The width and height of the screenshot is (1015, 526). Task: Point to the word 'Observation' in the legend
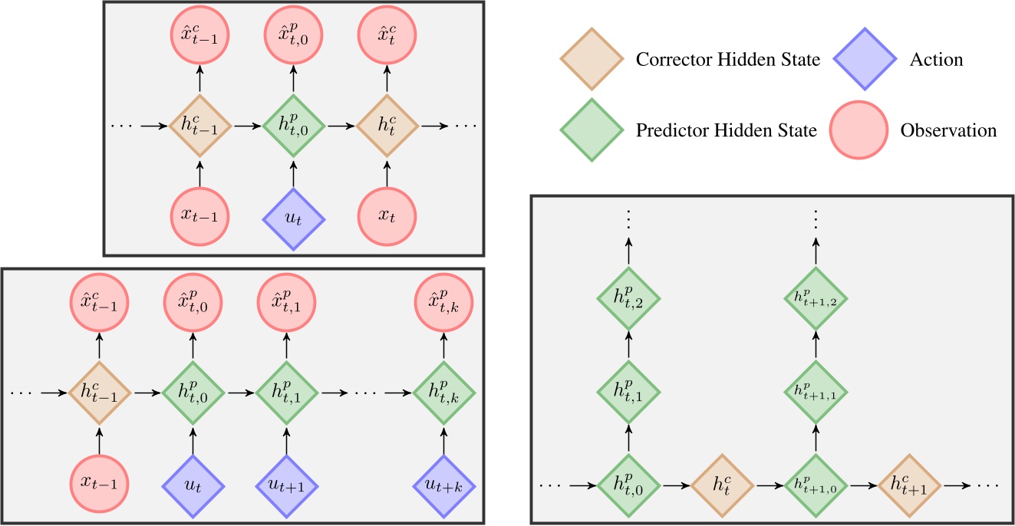pyautogui.click(x=948, y=130)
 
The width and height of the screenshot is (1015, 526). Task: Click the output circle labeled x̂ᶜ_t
pyautogui.click(x=387, y=31)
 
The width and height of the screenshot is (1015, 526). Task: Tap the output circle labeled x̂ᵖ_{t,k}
pyautogui.click(x=444, y=299)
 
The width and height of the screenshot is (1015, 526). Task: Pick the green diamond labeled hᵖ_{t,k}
pyautogui.click(x=444, y=393)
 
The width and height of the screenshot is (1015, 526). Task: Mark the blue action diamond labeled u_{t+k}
pyautogui.click(x=444, y=486)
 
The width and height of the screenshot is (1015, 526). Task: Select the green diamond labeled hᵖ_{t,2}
pyautogui.click(x=628, y=298)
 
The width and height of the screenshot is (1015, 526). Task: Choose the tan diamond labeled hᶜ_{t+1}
pyautogui.click(x=911, y=485)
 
